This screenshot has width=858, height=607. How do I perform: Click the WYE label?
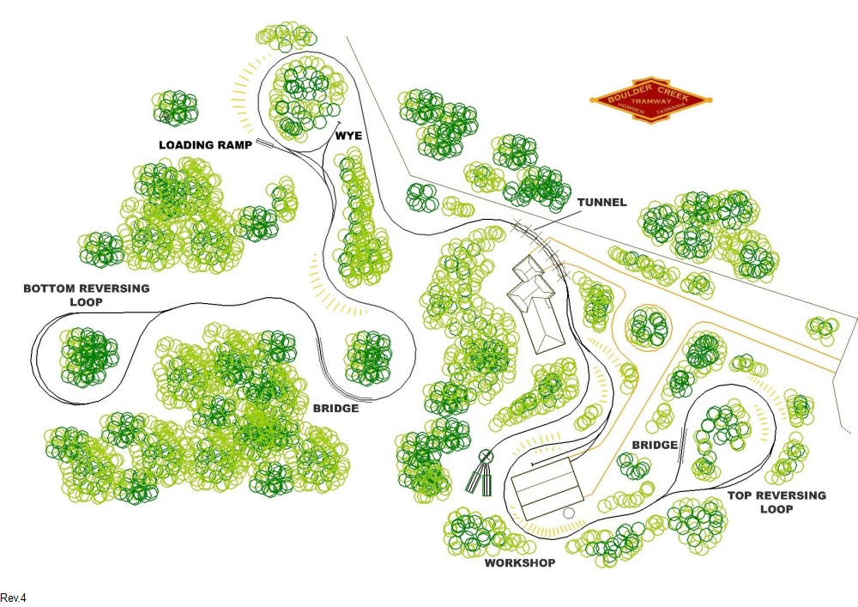(x=349, y=136)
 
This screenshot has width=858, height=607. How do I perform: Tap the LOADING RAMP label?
(x=205, y=146)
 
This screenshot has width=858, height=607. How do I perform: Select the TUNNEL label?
(x=601, y=203)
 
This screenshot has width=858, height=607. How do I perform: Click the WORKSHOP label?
(x=520, y=563)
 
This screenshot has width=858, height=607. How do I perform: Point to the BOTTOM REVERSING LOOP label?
(x=86, y=295)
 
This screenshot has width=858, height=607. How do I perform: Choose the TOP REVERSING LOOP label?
(x=776, y=502)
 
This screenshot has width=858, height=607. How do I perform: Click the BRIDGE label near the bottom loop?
(x=335, y=409)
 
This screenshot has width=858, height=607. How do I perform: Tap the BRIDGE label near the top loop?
(x=656, y=445)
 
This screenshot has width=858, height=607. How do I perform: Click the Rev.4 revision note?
(x=15, y=597)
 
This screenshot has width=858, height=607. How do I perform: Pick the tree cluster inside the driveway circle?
(x=649, y=326)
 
